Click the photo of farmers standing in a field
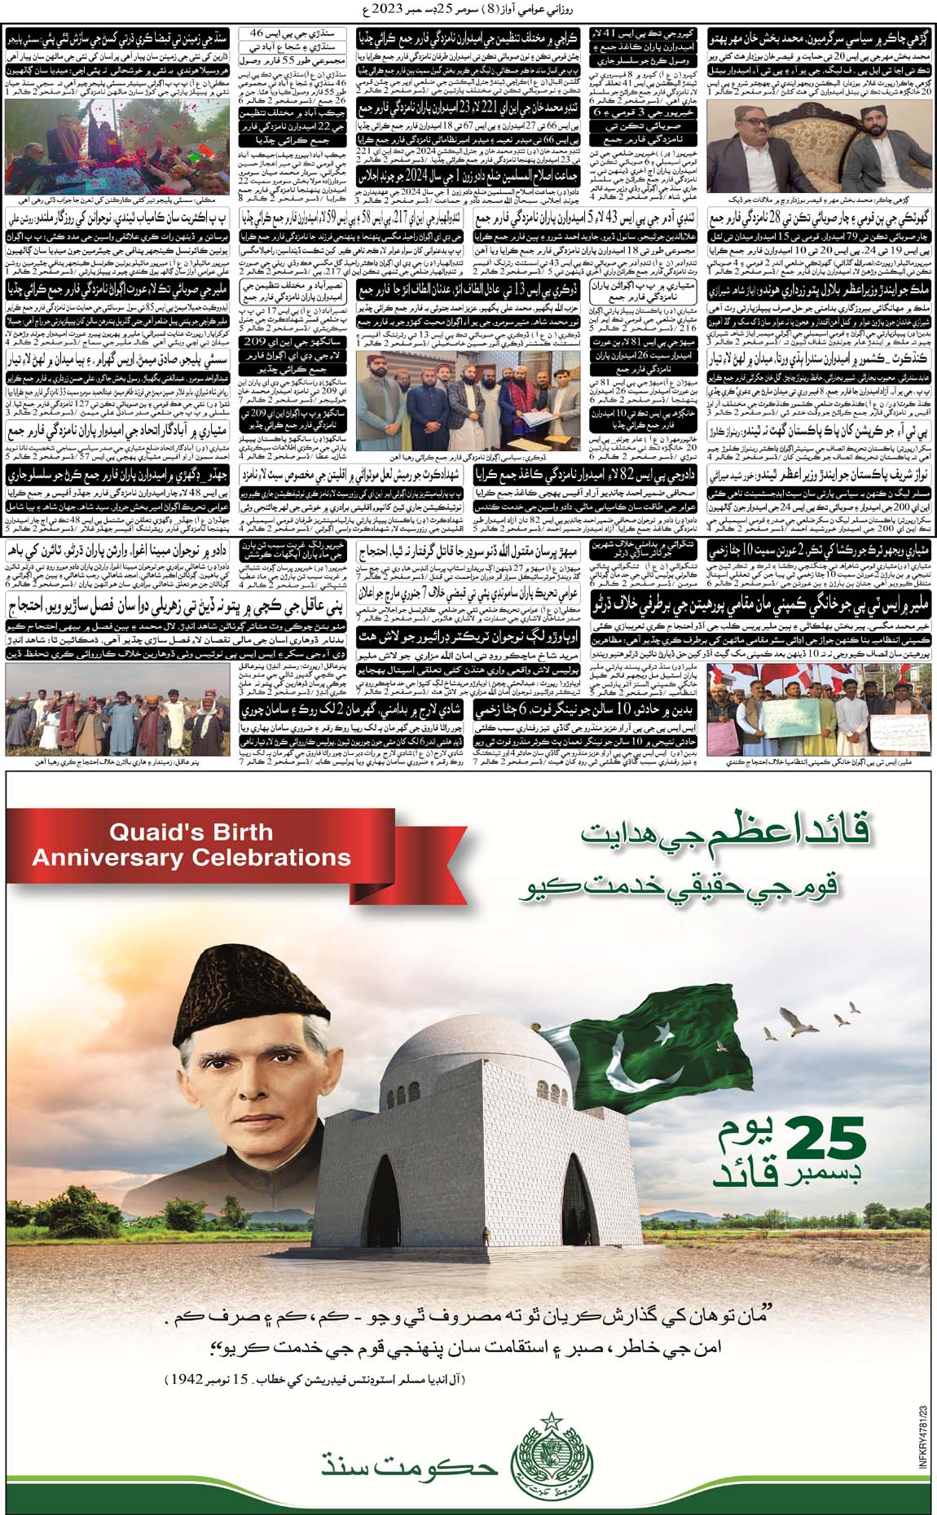[x=117, y=722]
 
